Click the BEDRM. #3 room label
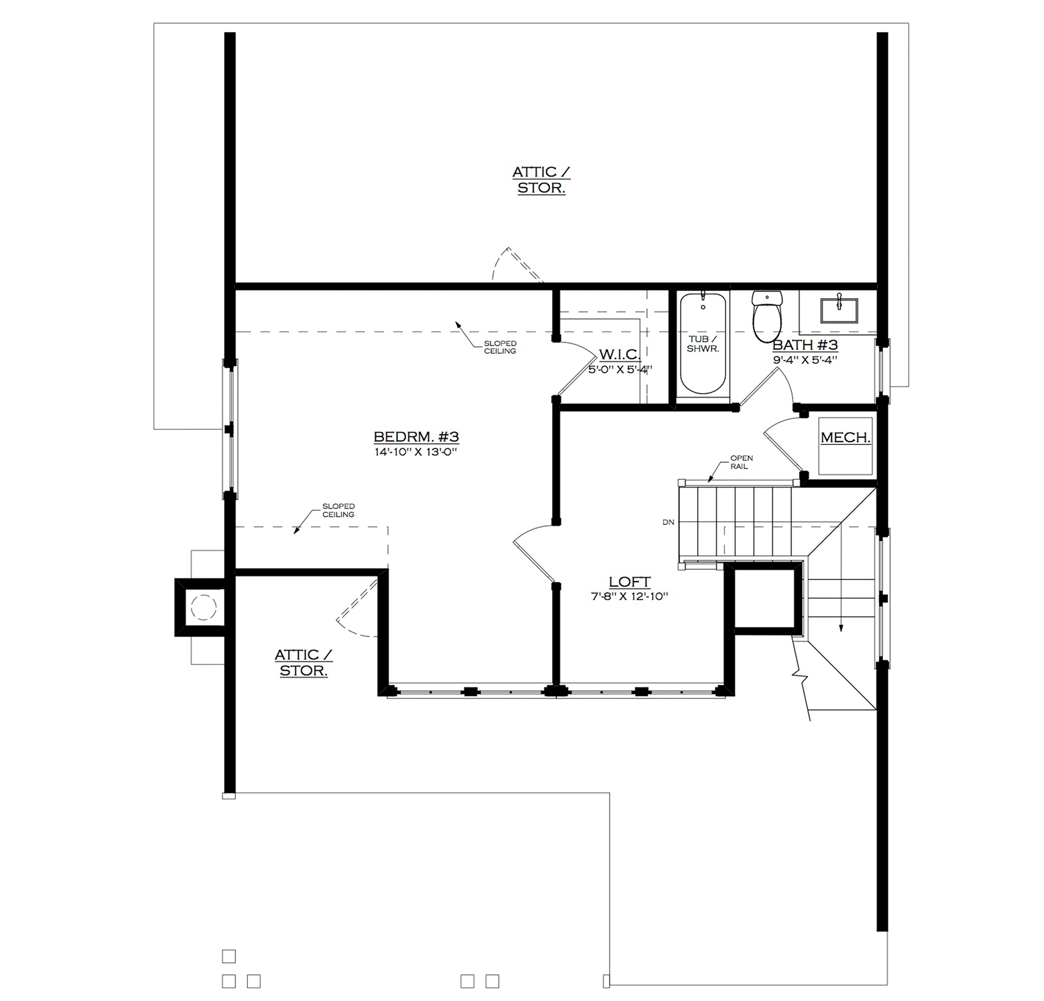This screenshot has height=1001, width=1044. click(x=416, y=437)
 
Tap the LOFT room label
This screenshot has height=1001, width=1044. click(x=629, y=582)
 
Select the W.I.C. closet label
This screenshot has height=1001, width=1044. click(x=619, y=355)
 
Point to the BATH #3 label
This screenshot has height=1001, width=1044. click(x=805, y=345)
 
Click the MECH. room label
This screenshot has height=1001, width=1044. click(x=845, y=437)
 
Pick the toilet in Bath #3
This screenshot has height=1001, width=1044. click(x=767, y=316)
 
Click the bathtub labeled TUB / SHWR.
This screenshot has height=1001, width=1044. click(x=703, y=343)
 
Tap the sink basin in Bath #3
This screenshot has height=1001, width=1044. click(x=839, y=310)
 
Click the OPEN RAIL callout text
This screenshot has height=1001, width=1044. click(x=741, y=462)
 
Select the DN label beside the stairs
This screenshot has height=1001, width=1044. click(x=668, y=522)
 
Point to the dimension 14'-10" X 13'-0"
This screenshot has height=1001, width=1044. click(x=415, y=452)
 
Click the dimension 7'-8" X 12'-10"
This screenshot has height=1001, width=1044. click(x=629, y=596)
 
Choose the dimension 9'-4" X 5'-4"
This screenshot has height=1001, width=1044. click(x=805, y=360)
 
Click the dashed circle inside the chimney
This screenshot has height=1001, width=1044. click(x=204, y=607)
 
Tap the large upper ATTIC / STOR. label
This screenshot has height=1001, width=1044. click(x=541, y=180)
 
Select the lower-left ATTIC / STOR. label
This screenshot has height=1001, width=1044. click(x=303, y=663)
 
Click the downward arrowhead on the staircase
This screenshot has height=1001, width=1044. click(x=841, y=628)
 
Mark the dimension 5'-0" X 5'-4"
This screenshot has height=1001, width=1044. click(x=620, y=369)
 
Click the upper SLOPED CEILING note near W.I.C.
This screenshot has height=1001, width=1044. click(x=500, y=347)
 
